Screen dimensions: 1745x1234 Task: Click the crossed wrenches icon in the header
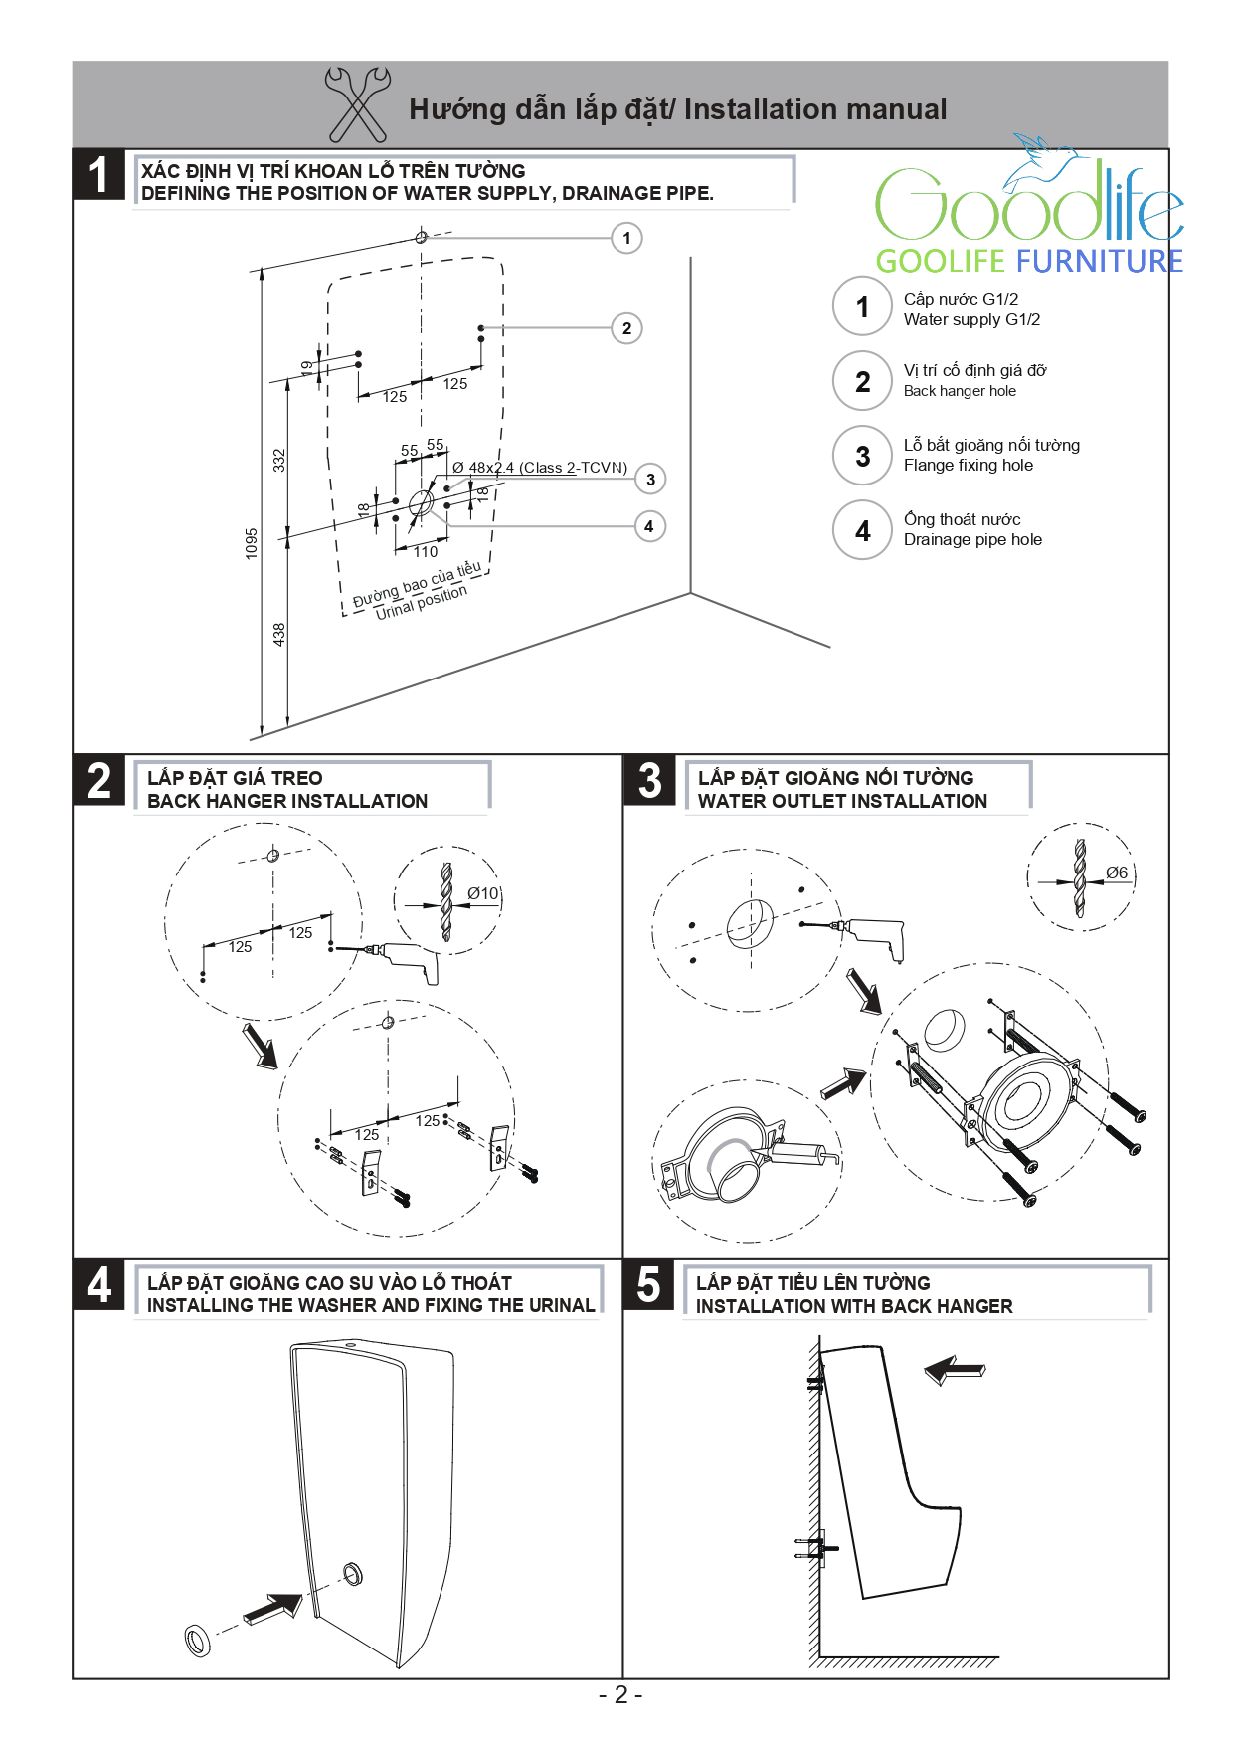pyautogui.click(x=358, y=103)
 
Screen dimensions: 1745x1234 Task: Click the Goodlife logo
pyautogui.click(x=1028, y=209)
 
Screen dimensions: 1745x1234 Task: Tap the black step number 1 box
pyautogui.click(x=98, y=175)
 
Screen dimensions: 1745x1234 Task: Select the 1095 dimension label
pyautogui.click(x=252, y=543)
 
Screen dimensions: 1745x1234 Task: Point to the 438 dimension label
pyautogui.click(x=279, y=634)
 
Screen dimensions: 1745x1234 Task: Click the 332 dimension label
pyautogui.click(x=279, y=461)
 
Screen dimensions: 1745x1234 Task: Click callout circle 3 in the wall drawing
pyautogui.click(x=650, y=480)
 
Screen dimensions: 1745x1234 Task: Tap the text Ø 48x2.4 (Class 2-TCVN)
pyautogui.click(x=540, y=468)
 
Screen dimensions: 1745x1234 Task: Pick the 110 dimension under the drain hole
pyautogui.click(x=426, y=552)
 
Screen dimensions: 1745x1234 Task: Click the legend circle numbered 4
pyautogui.click(x=862, y=530)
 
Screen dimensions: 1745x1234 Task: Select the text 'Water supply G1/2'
pyautogui.click(x=971, y=320)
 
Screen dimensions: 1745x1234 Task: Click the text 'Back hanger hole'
pyautogui.click(x=960, y=392)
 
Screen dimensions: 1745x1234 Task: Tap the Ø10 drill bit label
pyautogui.click(x=483, y=893)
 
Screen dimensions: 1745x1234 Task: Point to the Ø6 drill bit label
pyautogui.click(x=1117, y=872)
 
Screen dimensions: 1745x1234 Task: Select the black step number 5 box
pyautogui.click(x=648, y=1284)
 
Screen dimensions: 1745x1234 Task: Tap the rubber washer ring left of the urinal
pyautogui.click(x=198, y=1640)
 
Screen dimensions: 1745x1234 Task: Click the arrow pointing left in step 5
pyautogui.click(x=954, y=1370)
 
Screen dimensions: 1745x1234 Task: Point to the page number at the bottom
pyautogui.click(x=620, y=1695)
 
